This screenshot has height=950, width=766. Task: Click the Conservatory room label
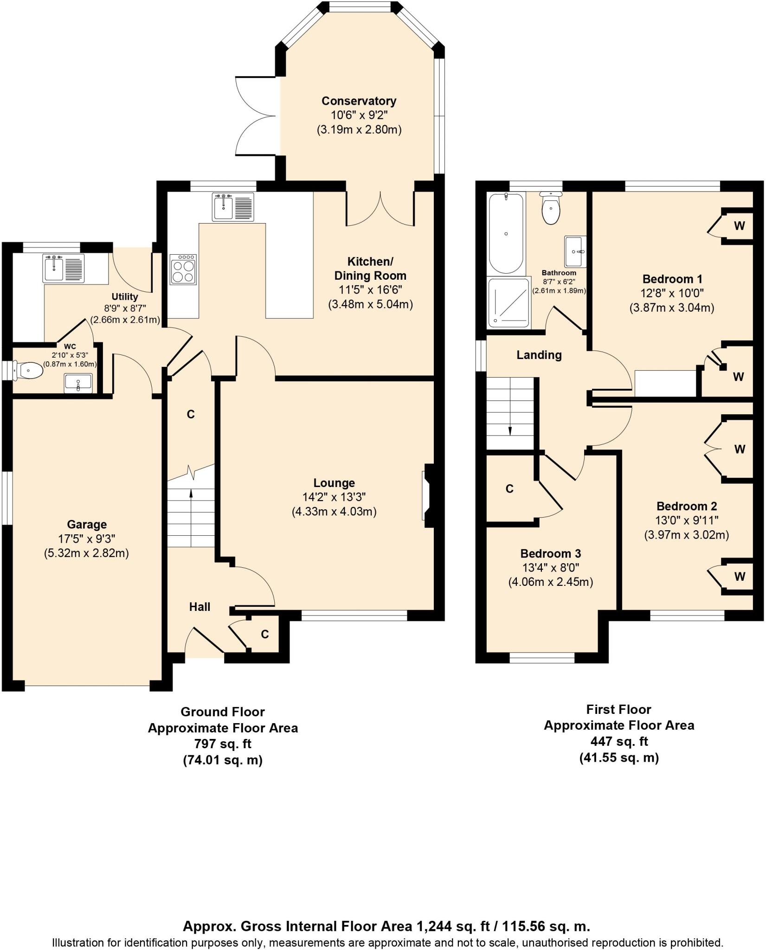coord(359,101)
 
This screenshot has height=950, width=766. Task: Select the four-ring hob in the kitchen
coord(183,269)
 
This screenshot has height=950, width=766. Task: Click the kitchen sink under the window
coord(233,207)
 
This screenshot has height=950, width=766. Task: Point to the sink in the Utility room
coord(64,268)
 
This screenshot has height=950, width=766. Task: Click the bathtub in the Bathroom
coord(506,233)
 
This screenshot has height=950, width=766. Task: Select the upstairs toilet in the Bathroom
coord(551,209)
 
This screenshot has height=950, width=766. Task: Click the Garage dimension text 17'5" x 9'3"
coord(87,539)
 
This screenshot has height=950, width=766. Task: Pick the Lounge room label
coord(334,483)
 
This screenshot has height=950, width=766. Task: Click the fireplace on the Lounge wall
coord(428,496)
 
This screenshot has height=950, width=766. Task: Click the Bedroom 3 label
coord(551,553)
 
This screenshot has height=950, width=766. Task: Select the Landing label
coord(539,355)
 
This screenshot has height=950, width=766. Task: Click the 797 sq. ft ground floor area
coord(223,744)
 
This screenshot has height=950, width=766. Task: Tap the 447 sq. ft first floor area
coord(619,742)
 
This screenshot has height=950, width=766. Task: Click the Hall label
coord(200,607)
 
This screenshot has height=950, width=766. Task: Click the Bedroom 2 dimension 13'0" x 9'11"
coord(687,520)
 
